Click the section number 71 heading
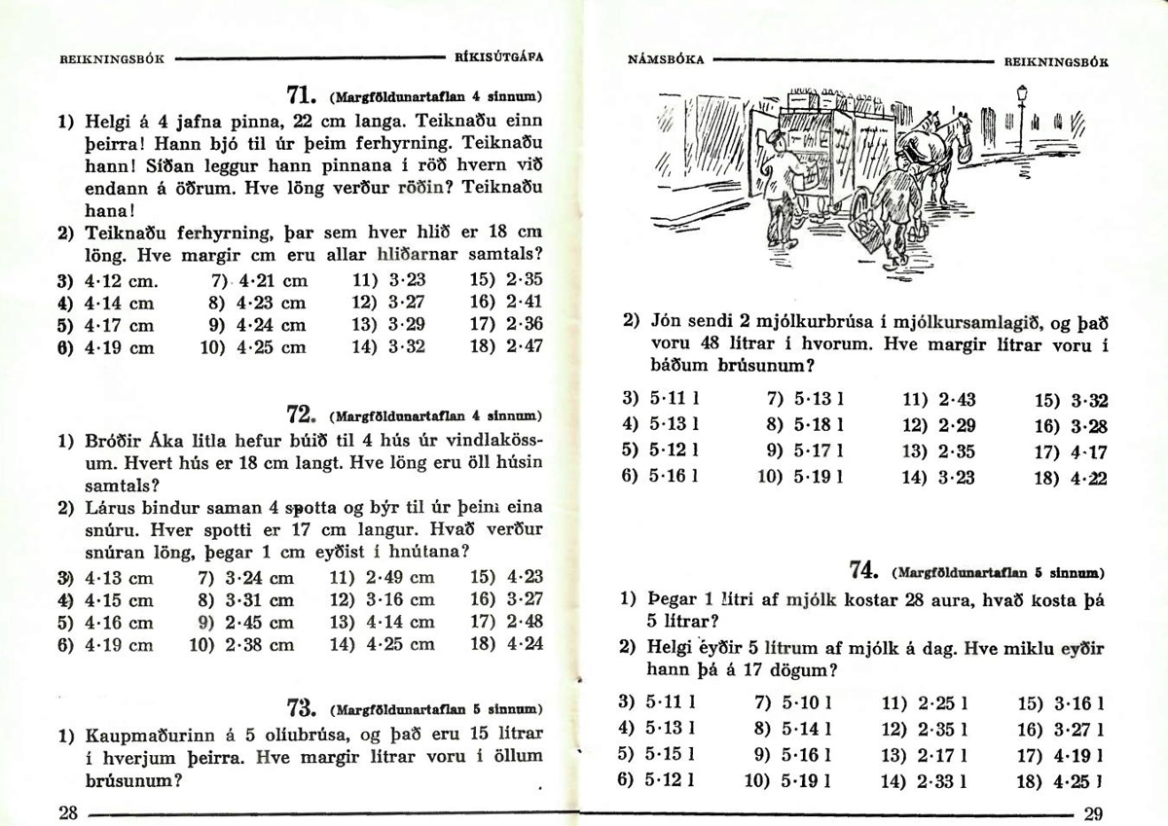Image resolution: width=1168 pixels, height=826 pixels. click(x=299, y=96)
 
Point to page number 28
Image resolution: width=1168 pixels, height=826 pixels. click(x=67, y=813)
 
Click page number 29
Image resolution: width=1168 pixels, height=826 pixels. click(x=1092, y=814)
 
